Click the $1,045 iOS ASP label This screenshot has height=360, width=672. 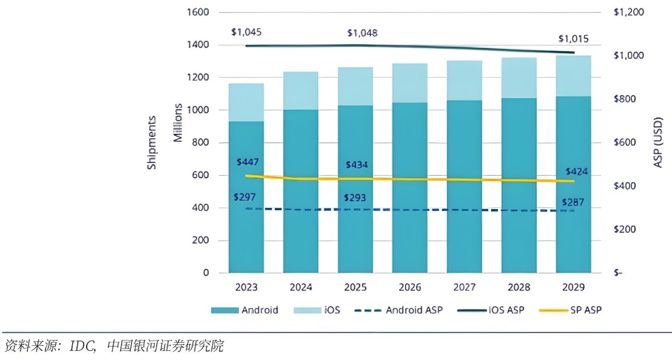(246, 32)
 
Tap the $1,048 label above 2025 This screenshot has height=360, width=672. (362, 33)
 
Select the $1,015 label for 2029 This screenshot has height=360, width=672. (572, 39)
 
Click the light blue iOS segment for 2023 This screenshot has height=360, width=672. (246, 102)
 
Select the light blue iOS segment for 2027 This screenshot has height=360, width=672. (465, 80)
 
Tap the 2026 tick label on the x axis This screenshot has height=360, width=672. (410, 287)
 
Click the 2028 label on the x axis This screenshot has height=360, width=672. (519, 287)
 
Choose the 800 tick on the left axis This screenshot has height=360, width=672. (201, 142)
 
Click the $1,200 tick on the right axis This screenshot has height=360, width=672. (629, 12)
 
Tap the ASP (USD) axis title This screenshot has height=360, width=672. (659, 142)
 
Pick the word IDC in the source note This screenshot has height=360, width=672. (79, 346)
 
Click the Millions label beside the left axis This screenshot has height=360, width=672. (178, 123)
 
